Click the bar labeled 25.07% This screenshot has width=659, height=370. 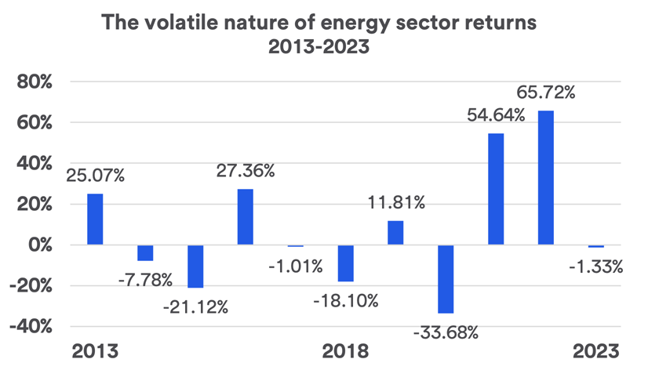point(95,219)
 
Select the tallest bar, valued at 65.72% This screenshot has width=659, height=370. point(546,178)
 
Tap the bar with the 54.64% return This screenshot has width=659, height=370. point(496,189)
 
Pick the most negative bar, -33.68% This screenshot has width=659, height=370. point(446,279)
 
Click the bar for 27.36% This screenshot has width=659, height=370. point(246,217)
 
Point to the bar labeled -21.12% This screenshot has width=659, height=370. point(195,267)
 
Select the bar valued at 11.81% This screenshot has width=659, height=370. point(395,233)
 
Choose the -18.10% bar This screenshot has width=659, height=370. point(345,263)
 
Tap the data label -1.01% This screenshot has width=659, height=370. point(295,266)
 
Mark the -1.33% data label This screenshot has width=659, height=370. point(595,267)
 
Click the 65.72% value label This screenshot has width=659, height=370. point(546,92)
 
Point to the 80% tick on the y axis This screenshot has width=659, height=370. point(32,82)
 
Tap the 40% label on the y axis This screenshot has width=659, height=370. point(32,164)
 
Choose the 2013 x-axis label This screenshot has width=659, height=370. point(95,350)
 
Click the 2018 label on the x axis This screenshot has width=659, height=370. point(345,350)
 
